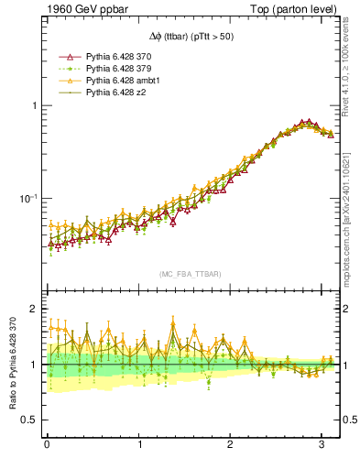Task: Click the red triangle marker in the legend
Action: (65, 57)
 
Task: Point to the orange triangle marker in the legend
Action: (65, 81)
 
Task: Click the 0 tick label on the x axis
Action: (47, 444)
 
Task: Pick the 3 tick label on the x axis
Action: (321, 444)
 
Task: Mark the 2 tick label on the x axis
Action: (230, 444)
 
